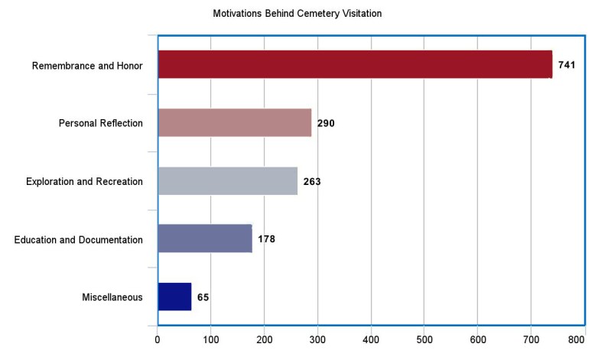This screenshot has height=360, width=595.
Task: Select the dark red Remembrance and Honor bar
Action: (x=355, y=65)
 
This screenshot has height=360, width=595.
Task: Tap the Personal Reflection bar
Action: (x=235, y=123)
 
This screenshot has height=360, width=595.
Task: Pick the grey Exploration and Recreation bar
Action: (x=227, y=181)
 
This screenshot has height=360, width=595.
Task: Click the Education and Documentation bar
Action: (x=205, y=239)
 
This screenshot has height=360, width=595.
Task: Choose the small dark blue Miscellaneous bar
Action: (x=174, y=297)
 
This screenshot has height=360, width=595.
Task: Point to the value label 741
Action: (x=567, y=65)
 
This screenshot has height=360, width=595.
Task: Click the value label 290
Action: (x=326, y=123)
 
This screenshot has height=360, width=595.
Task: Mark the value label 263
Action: (x=311, y=181)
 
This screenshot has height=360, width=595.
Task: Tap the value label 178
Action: (x=266, y=239)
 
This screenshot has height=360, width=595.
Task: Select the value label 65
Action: (x=203, y=297)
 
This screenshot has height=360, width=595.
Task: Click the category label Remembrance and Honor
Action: (x=87, y=66)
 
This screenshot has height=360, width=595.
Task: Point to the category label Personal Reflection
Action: (x=101, y=124)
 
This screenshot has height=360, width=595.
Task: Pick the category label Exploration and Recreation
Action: (x=84, y=182)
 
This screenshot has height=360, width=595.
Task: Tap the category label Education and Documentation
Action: (x=79, y=240)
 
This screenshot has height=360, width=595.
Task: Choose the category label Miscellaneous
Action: (x=112, y=297)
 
